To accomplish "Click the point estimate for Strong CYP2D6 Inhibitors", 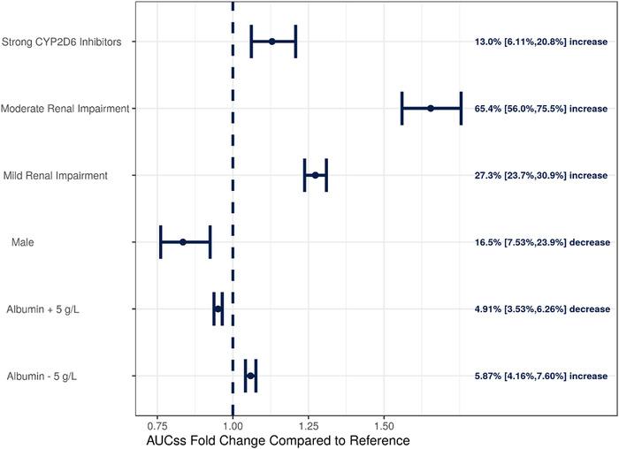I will point(272,42).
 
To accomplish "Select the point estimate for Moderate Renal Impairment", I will point(431,108).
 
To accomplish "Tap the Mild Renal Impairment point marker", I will point(315,175).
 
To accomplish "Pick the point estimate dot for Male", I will point(183,241).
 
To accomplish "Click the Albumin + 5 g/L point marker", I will point(218,308).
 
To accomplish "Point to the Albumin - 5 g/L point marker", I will point(250,376).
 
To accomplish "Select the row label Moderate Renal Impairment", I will point(65,109).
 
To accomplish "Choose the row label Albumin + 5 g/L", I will point(42,309).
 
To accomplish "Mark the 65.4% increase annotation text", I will point(541,109).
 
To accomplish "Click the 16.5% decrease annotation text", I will point(541,242).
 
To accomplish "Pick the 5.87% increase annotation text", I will point(541,377).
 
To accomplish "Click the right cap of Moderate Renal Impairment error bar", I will point(461,108).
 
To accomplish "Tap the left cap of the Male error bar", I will point(161,241).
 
